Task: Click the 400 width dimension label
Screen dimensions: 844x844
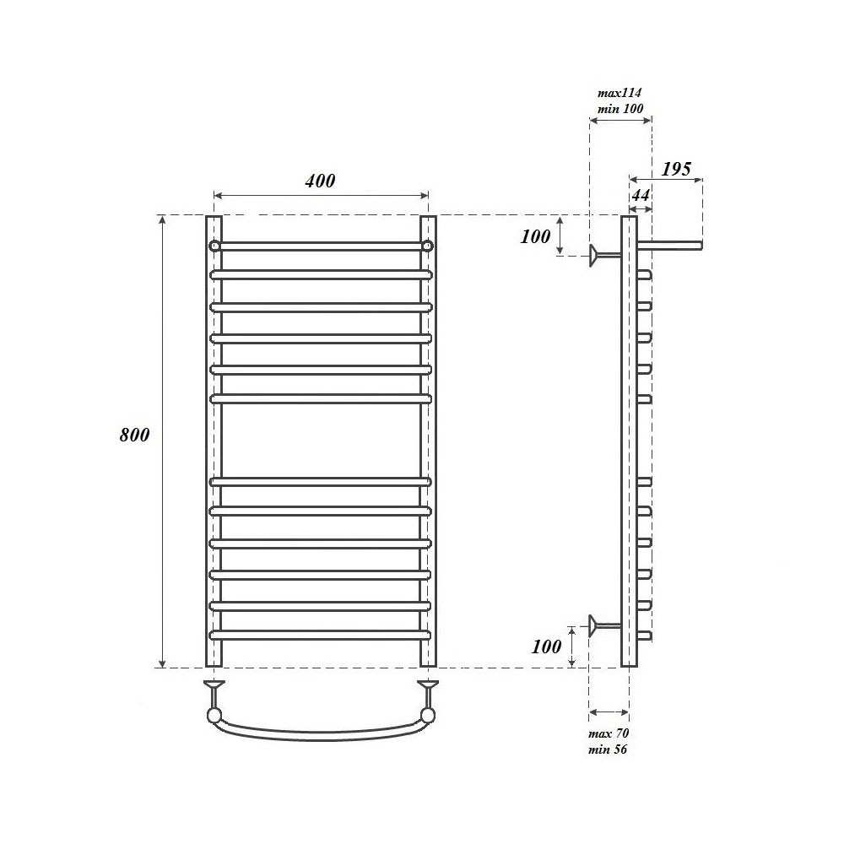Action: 320,181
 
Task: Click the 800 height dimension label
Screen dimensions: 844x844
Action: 134,435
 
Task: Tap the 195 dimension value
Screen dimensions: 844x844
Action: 676,169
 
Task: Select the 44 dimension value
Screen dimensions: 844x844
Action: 641,195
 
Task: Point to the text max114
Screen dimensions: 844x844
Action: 619,93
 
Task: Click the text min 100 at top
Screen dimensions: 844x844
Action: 620,108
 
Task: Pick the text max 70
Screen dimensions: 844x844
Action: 609,733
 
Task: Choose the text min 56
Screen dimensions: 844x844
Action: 608,749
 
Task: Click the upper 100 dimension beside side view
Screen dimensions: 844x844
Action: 536,236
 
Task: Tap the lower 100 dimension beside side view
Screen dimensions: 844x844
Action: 546,647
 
